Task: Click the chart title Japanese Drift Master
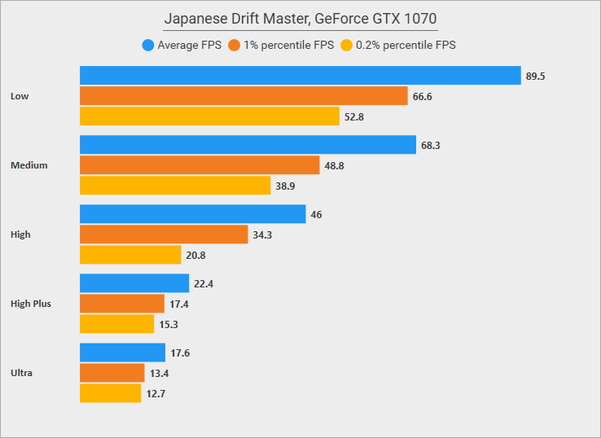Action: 300,18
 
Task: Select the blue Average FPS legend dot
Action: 147,45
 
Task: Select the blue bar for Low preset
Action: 300,76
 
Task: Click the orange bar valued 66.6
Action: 243,96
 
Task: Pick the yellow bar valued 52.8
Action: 209,116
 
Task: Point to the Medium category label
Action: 29,165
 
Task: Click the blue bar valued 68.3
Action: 248,145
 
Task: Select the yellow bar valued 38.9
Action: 175,186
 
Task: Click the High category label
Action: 20,234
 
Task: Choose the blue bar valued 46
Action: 192,214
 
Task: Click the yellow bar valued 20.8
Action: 130,255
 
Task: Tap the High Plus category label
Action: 31,304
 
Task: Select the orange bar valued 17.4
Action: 122,304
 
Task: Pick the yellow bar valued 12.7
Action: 110,393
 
